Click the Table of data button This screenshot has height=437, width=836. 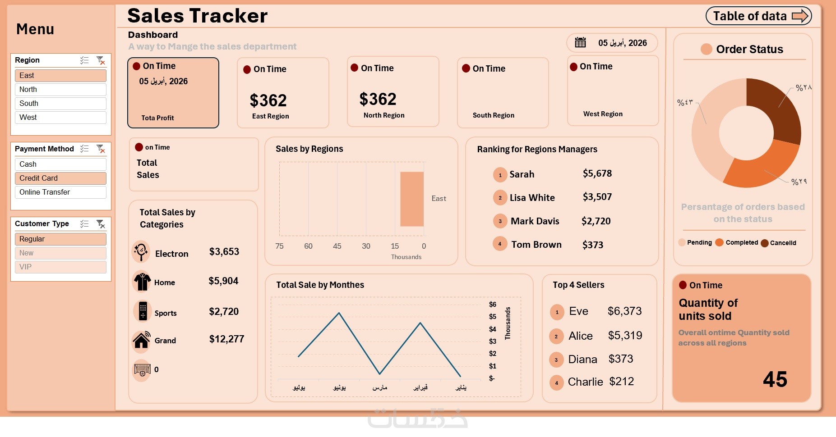tap(758, 16)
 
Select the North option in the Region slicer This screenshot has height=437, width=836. tap(60, 90)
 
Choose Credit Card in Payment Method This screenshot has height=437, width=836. tap(60, 178)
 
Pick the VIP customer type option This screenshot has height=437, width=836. tap(60, 267)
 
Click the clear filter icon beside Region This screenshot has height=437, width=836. tap(101, 60)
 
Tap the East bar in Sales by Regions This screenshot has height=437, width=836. tap(411, 199)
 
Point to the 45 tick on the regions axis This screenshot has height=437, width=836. tap(337, 246)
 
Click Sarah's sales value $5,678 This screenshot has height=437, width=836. tap(597, 173)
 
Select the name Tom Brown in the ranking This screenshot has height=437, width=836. tap(536, 245)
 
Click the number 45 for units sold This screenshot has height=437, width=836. tap(775, 379)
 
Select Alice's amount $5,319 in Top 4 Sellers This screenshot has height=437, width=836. tap(625, 336)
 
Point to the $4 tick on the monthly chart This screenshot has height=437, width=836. tap(492, 329)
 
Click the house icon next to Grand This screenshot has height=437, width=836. tap(142, 341)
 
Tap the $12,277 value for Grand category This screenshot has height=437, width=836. tap(226, 339)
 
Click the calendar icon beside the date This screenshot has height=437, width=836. tap(580, 43)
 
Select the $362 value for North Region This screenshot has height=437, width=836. tap(378, 99)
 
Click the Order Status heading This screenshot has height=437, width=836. tap(749, 49)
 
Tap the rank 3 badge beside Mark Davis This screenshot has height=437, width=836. tap(500, 221)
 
